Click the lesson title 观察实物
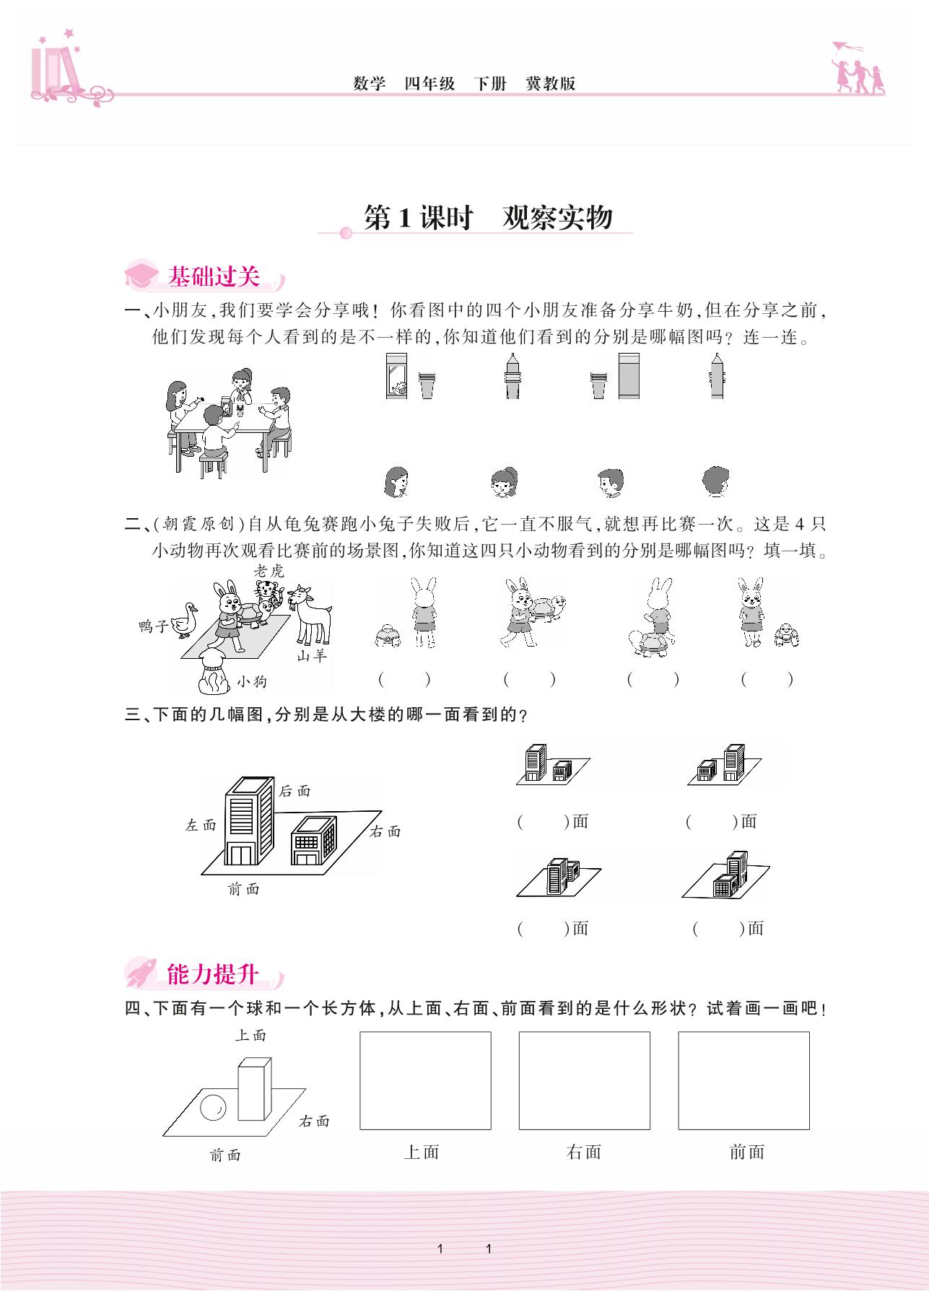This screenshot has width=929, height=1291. coord(557,217)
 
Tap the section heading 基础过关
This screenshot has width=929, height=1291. coord(213,276)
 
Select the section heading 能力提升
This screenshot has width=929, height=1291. coord(212,974)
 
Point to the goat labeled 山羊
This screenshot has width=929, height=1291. coord(309,615)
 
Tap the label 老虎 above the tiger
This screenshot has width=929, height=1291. coord(269,570)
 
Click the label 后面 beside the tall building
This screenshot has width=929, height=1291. coord(295,791)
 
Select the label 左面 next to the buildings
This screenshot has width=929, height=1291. coord(201,825)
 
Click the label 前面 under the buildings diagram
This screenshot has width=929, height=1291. coord(243,889)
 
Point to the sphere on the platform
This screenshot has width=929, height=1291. coord(213,1107)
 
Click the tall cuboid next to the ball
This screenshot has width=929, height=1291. coord(255,1088)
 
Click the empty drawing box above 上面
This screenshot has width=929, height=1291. coord(425,1080)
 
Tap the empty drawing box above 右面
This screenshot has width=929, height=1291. coord(585,1080)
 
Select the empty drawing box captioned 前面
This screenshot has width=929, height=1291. coord(743,1080)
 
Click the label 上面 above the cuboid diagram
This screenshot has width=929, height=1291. coord(251,1035)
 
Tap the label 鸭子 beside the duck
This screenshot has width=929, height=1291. coord(154,626)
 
